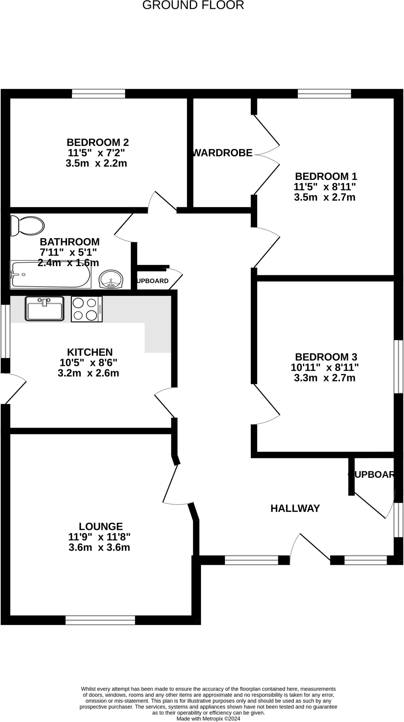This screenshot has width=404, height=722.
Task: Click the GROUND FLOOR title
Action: click(193, 5)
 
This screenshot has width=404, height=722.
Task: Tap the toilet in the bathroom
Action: click(27, 225)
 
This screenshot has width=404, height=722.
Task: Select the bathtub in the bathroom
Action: click(50, 274)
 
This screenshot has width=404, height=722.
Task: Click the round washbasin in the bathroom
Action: click(111, 280)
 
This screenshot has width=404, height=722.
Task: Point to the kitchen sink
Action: click(44, 308)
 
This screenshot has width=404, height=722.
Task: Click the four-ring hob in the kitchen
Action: click(86, 309)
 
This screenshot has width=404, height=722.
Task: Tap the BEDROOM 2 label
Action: click(98, 142)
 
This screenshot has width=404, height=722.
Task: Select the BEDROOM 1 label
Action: click(326, 176)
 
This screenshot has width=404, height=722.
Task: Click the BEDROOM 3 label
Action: click(326, 357)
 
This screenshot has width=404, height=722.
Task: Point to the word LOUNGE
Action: click(101, 527)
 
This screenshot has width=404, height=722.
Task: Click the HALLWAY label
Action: click(295, 508)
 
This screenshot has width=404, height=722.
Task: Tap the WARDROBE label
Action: click(223, 153)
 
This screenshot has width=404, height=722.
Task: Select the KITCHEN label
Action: click(90, 352)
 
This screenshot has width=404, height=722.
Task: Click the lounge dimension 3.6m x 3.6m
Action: click(99, 547)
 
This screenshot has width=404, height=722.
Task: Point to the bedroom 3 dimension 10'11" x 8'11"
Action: click(325, 368)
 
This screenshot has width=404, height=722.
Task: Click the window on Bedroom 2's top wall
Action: click(98, 94)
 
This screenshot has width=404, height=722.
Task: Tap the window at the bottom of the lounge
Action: click(100, 620)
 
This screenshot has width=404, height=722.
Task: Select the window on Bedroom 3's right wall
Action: click(398, 366)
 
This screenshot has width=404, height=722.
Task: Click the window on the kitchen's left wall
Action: click(5, 331)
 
